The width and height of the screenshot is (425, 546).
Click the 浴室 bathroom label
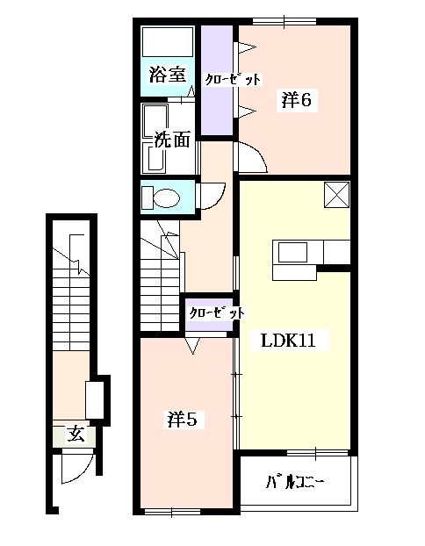point(167,75)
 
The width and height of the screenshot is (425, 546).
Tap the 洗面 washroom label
point(172,139)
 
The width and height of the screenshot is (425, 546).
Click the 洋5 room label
point(186,420)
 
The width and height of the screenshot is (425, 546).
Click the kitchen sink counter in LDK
point(293,251)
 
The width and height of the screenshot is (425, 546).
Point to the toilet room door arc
point(212,195)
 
